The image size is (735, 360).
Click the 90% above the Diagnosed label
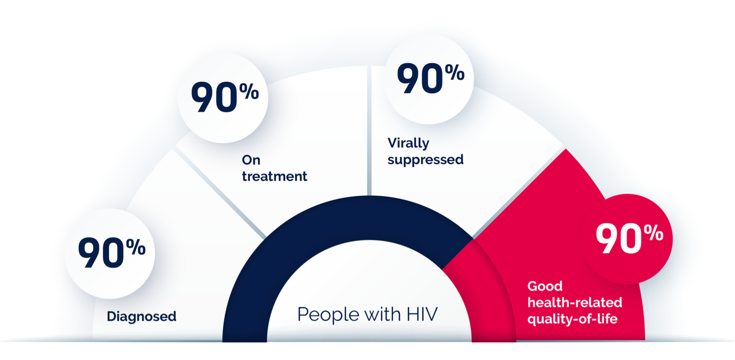[x=112, y=252]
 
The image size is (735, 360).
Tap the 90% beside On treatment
[x=225, y=97]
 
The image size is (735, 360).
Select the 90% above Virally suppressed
[x=431, y=78]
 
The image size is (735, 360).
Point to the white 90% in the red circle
[x=629, y=238]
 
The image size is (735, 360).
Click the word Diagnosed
[x=142, y=317]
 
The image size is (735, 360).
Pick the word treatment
[x=274, y=176]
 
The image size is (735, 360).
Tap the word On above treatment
[x=251, y=160]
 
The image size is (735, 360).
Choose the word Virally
[x=408, y=144]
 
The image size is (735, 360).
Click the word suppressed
[x=425, y=160]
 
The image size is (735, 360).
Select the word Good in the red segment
[x=545, y=286]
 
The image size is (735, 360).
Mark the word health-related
[x=575, y=302]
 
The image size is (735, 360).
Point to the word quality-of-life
[x=572, y=319]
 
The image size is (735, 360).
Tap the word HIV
[x=422, y=313]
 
